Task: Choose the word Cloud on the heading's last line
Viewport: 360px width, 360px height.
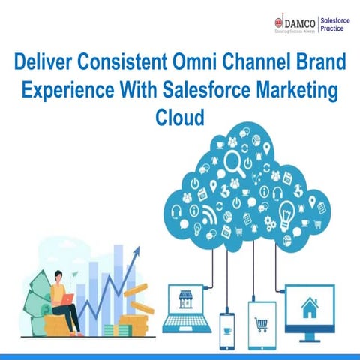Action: pos(179,118)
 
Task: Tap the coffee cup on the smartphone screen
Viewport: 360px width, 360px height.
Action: pos(228,325)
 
